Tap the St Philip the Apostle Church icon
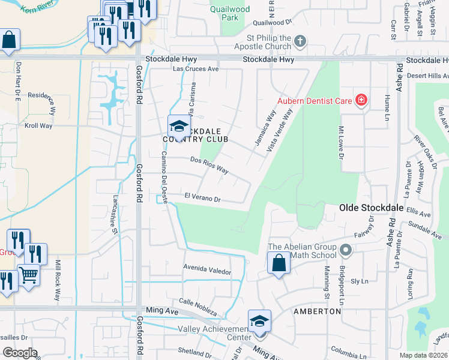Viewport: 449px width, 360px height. pos(301,41)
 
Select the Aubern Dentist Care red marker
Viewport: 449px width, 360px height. pos(361,100)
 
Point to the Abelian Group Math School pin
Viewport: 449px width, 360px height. pos(345,249)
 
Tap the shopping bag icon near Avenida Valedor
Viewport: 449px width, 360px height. pos(279,263)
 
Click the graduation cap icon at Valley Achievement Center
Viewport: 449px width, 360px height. pos(259,320)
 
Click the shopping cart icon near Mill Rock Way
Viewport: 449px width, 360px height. pos(29,275)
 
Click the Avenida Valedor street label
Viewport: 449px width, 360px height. pos(207,271)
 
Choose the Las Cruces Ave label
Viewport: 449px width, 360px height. pos(196,69)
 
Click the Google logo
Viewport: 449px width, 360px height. pos(20,352)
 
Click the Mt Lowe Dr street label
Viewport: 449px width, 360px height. pos(340,144)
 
